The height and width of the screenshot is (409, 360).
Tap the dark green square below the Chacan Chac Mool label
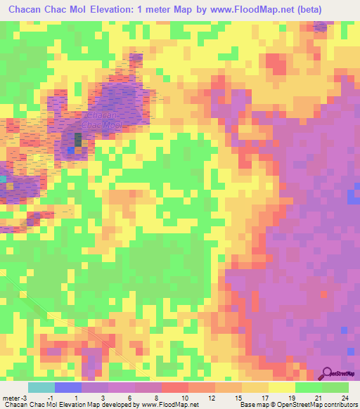point(78,140)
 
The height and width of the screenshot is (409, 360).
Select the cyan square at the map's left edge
point(3,179)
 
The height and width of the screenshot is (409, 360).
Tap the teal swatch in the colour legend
point(41,387)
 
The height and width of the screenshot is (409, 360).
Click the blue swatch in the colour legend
point(68,387)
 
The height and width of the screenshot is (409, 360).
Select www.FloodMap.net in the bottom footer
point(173,405)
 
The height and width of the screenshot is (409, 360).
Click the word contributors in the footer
point(337,405)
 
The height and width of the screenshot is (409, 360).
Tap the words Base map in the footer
point(255,405)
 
